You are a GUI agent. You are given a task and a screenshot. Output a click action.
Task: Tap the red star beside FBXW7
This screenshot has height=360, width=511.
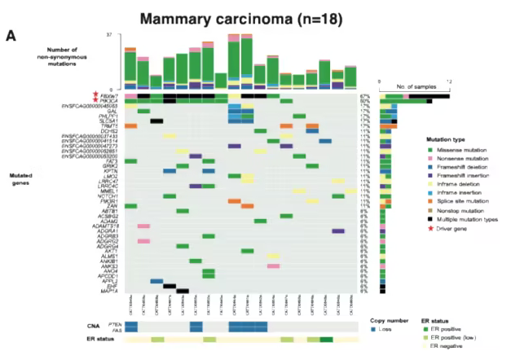coord(95,95)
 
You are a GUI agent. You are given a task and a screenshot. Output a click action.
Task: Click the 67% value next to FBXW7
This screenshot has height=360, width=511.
coord(364,96)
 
